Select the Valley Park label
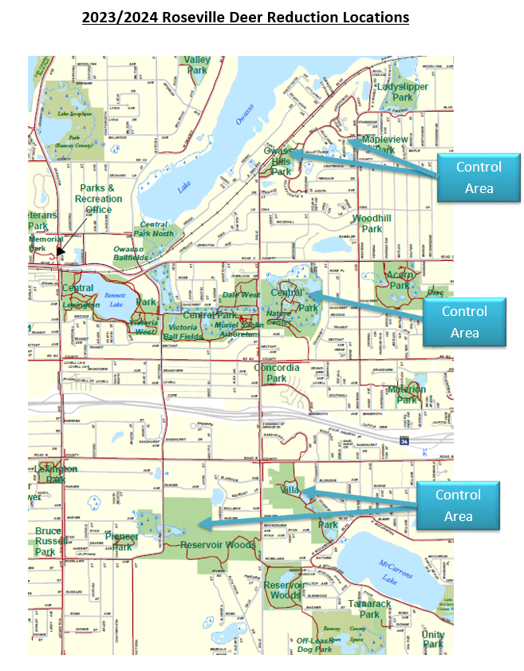[x=196, y=65]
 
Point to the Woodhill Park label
[x=372, y=223]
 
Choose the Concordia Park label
[x=277, y=373]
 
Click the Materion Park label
[x=407, y=394]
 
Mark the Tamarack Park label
[x=368, y=609]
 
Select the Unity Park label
[x=433, y=638]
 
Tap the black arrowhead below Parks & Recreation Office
[x=60, y=251]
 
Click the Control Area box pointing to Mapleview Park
[x=479, y=177]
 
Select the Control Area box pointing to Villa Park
[x=458, y=505]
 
